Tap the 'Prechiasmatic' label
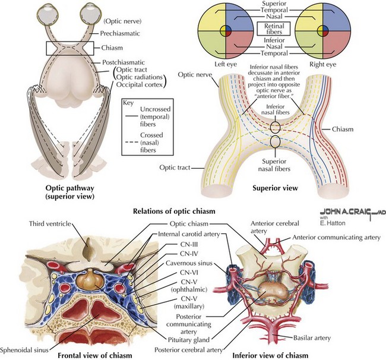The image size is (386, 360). coord(120,33)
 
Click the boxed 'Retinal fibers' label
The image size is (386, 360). coord(274,29)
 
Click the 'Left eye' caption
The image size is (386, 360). coord(226,64)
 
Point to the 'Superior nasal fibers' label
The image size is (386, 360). coord(274,165)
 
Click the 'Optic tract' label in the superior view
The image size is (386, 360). coord(175,168)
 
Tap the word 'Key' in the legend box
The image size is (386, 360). coord(128,103)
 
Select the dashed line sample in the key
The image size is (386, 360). coord(131,143)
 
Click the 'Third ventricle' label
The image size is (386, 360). coord(50,223)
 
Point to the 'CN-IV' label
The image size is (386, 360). coord(189,254)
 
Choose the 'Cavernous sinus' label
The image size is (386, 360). coord(189,263)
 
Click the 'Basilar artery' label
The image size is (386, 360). coord(312,338)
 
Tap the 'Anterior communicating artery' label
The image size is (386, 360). coord(337,238)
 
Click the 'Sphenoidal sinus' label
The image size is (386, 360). coord(24,350)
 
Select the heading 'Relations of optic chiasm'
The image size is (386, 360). coord(174,211)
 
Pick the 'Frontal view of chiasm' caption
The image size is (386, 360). coord(95,355)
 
